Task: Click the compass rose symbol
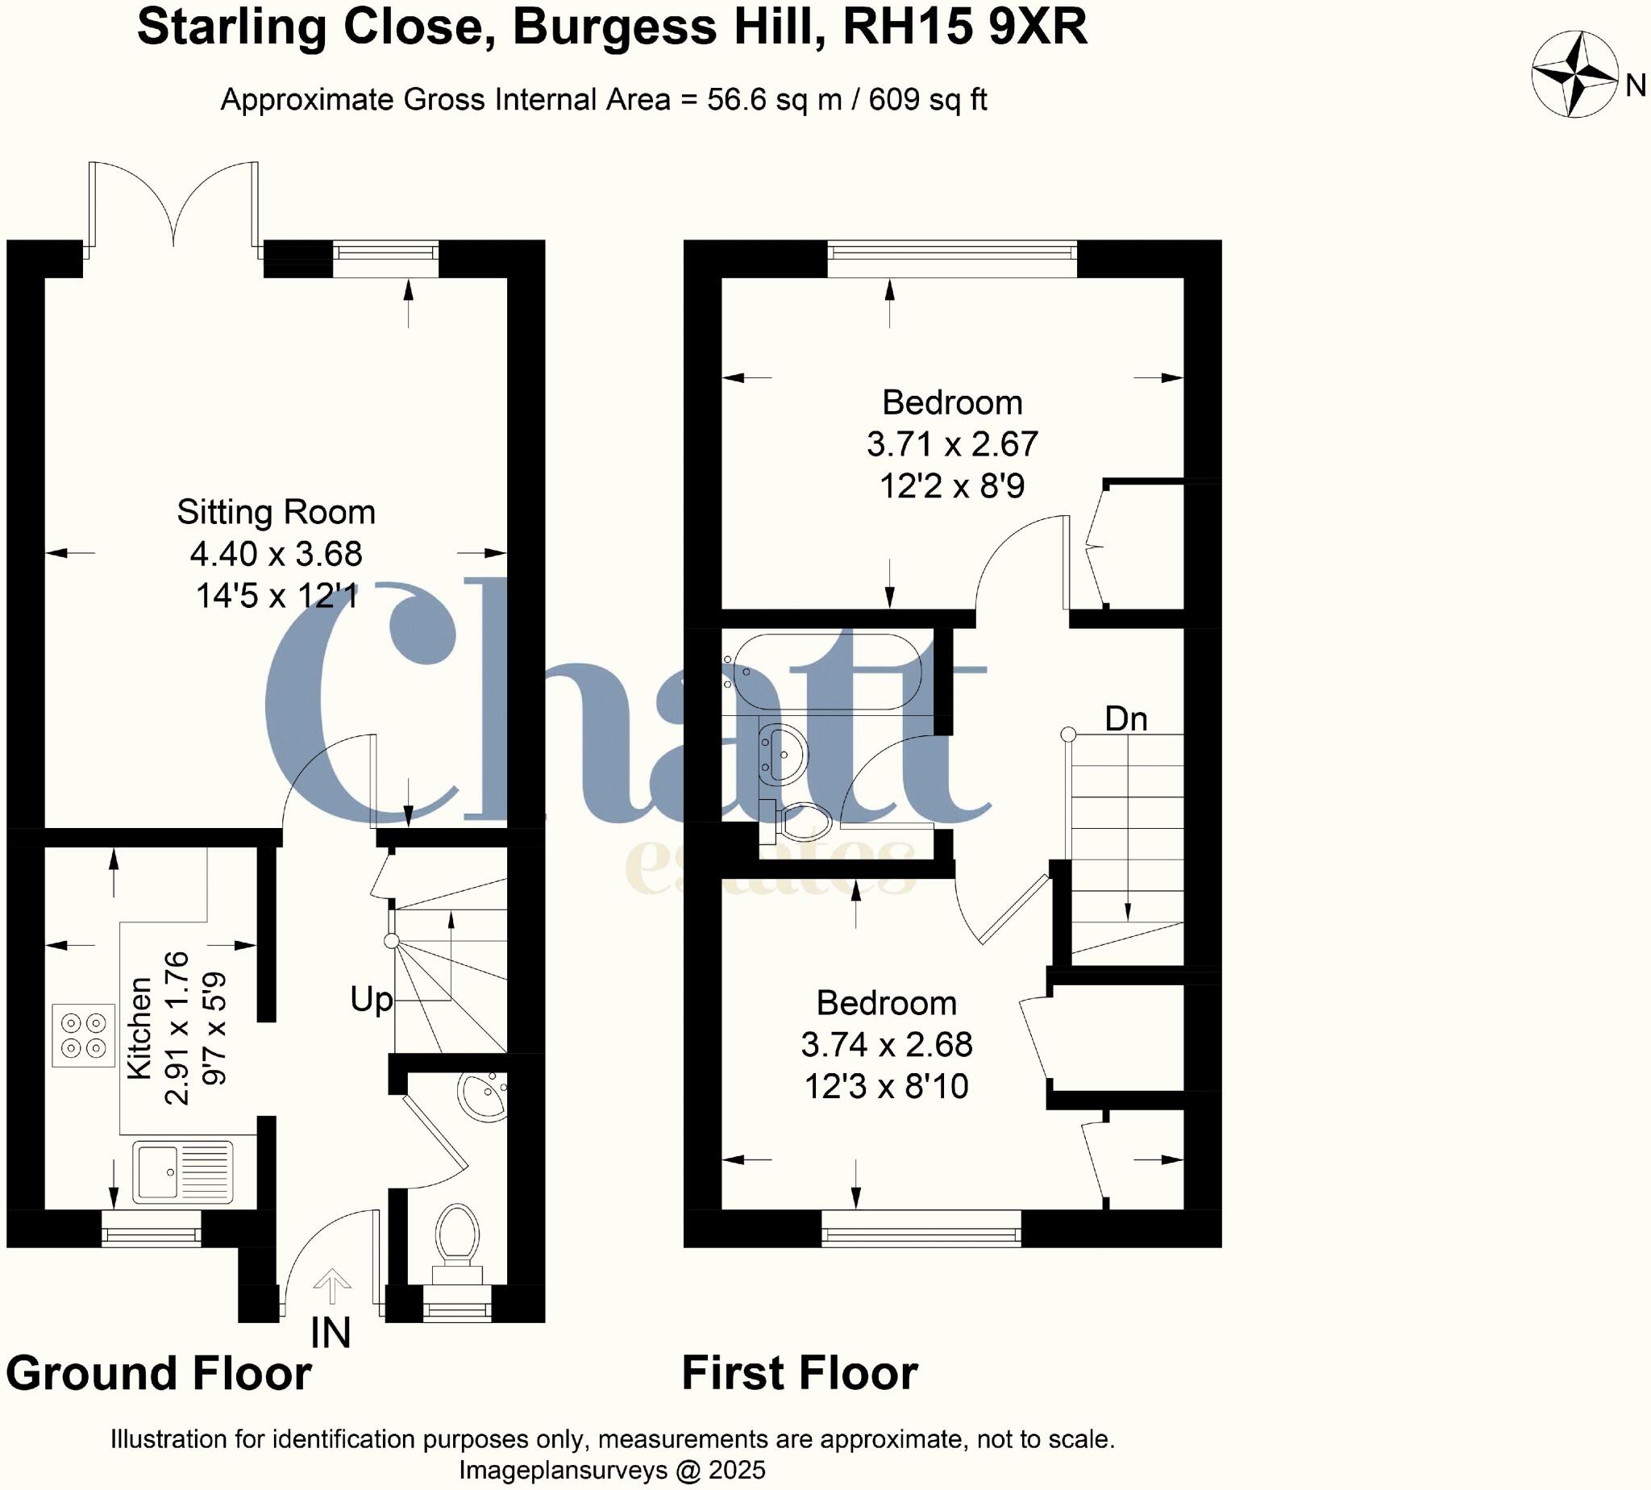(1574, 74)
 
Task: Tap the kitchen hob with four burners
(84, 1034)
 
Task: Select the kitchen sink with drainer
(184, 1172)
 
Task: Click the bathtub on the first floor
(827, 672)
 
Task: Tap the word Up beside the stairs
(371, 1000)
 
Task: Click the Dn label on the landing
(1125, 719)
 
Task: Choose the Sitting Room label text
(276, 513)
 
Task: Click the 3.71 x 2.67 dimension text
(952, 444)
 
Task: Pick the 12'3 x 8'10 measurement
(886, 1086)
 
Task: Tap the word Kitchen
(140, 1028)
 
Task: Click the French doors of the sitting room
(173, 205)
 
